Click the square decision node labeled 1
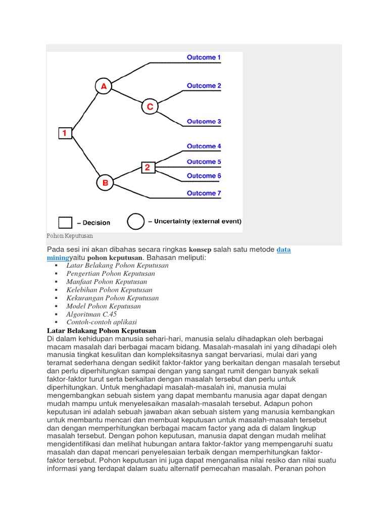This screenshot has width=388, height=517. pos(65,133)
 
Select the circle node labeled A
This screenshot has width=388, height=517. pos(103,86)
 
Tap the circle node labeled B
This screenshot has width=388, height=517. pos(105,183)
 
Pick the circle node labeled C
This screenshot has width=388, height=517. pos(150,107)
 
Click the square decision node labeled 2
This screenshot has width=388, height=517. pos(147,168)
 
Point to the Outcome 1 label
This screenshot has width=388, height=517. pos(204,58)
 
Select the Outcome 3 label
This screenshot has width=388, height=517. pos(204,122)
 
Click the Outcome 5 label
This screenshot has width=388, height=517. pos(204,162)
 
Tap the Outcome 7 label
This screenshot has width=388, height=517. pos(204,193)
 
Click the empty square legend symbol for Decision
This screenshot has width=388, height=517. pos(65,222)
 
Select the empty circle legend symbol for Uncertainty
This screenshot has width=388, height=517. pos(135,222)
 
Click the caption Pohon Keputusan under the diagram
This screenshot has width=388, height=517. pos(70,236)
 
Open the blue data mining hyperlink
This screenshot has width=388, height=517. pos(284,250)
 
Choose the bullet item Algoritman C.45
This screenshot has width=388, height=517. pos(91,314)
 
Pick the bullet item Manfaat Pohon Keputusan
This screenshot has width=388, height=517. pos(107,282)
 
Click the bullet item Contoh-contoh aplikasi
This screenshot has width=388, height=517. pos(102,322)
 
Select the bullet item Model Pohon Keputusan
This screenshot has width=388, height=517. pos(104,306)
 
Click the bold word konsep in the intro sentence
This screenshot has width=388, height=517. pos(200,250)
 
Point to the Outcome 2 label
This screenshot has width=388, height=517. pos(204,86)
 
